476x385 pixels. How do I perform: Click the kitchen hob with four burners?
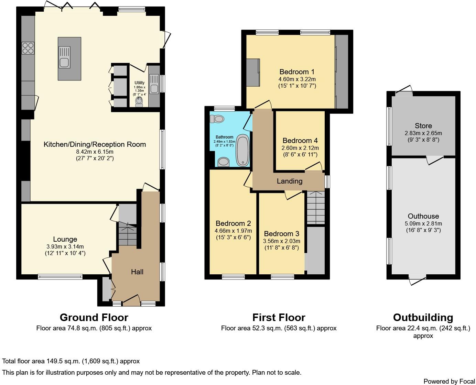tap(28, 48)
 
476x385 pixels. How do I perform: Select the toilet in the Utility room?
tap(139, 102)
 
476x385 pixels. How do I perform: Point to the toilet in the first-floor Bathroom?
tap(217, 119)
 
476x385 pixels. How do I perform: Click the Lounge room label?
tap(65, 239)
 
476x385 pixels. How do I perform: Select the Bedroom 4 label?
tap(300, 141)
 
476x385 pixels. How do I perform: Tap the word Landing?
tap(290, 181)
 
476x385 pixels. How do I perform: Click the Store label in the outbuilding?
tap(423, 126)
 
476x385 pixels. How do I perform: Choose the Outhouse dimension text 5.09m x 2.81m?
tap(423, 223)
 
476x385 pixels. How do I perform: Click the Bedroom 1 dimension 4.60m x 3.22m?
tap(297, 79)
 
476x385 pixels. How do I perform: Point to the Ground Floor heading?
tap(94, 317)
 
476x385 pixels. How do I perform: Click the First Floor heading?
tap(279, 317)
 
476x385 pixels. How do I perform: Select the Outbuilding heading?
tap(423, 317)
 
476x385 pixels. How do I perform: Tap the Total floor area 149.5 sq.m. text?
tap(71, 361)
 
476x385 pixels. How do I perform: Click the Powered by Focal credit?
tap(449, 381)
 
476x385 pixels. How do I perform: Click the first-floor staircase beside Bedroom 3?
tap(316, 208)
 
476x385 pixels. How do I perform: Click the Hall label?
tap(137, 272)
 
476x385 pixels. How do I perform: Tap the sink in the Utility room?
tap(154, 84)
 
